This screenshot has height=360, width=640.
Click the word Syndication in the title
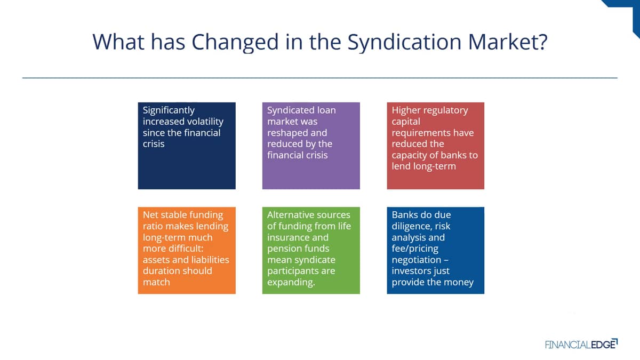404,42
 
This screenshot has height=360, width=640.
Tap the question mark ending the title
542,42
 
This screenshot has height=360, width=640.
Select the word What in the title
118,42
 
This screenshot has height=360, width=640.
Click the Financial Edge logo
581,344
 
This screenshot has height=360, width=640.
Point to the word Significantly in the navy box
169,110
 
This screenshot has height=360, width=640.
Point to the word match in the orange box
156,282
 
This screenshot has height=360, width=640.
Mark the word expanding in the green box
291,283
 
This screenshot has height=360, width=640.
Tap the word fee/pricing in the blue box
415,249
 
